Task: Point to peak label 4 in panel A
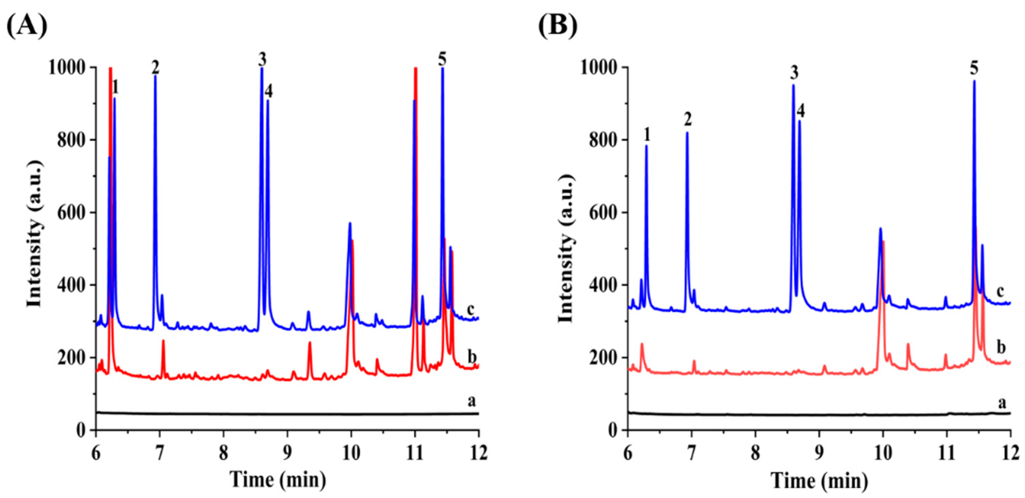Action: pos(269,92)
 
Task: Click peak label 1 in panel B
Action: pos(647,135)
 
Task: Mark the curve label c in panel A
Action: pos(471,309)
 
